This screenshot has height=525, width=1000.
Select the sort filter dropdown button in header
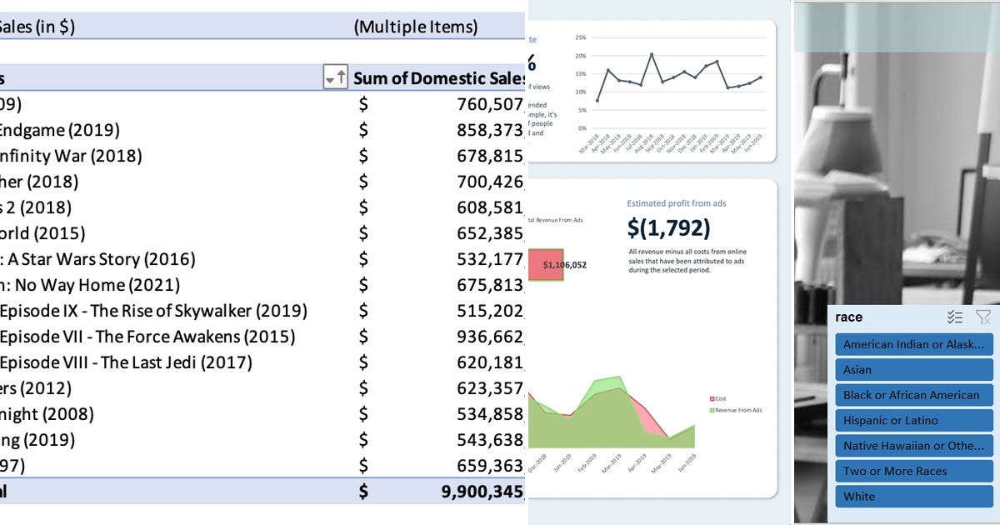coord(335,78)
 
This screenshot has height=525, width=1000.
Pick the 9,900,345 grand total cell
coord(482,491)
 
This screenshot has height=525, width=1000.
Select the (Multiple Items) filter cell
coord(416,27)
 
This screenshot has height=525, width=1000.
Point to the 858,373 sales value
coord(491,130)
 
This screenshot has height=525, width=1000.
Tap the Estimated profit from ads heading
coord(677,202)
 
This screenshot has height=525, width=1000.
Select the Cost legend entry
coord(717,398)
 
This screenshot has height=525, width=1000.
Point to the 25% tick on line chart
coord(581,38)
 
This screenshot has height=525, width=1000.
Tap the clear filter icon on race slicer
coord(983,317)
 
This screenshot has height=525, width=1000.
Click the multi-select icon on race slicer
coord(955,317)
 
